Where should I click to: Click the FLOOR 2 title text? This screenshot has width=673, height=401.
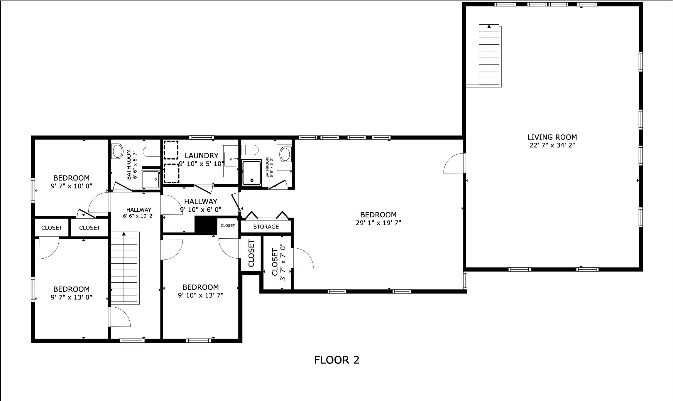point(336,360)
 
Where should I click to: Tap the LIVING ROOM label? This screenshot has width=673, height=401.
point(552,137)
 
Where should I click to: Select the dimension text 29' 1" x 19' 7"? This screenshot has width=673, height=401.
point(378,223)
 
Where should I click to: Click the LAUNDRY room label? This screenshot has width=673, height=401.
point(202,156)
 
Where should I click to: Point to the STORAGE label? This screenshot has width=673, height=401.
point(266,227)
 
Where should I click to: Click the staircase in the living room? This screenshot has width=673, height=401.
point(489,55)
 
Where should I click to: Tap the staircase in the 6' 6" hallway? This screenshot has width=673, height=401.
point(124,267)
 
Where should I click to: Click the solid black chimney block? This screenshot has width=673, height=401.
point(206,225)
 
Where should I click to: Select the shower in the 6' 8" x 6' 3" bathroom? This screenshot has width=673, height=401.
point(252,173)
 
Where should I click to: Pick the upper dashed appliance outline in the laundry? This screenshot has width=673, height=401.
point(171,150)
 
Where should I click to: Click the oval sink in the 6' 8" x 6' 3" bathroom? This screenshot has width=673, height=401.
point(285,154)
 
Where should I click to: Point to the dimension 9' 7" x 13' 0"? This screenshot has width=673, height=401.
point(71,297)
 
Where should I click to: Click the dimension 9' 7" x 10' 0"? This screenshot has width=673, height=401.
point(71,186)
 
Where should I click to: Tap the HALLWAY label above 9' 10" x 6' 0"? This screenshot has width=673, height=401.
point(201,202)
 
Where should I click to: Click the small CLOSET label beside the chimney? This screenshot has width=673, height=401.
point(228,225)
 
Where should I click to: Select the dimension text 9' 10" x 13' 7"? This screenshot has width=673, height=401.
point(201,295)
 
